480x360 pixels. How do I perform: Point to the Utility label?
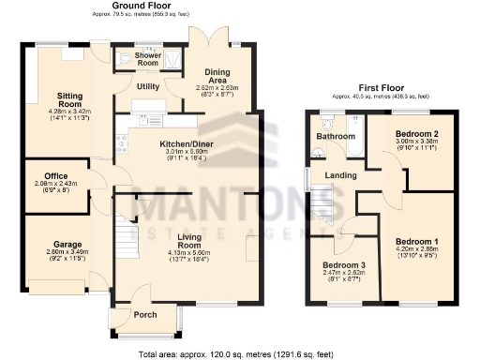pos(148,86)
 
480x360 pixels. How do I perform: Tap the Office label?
pos(55,175)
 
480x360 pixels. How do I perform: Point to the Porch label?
pos(145,314)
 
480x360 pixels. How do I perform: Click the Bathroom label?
pos(335,137)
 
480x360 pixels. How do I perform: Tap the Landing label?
pos(339,175)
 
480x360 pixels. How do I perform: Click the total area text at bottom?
pos(234,353)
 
